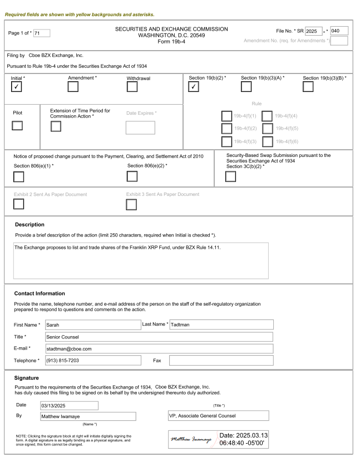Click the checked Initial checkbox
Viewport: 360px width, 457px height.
[x=18, y=87]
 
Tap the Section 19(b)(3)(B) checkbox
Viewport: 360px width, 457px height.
[x=309, y=87]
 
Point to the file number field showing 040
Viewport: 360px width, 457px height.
[x=339, y=31]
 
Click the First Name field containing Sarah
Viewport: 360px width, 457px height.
[x=92, y=325]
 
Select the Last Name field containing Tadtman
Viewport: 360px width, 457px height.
[x=221, y=325]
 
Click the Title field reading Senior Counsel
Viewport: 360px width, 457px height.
[x=158, y=337]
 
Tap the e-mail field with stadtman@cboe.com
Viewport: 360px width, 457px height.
[x=158, y=349]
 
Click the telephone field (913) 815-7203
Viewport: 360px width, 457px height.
[x=92, y=361]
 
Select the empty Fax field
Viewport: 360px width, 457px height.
[x=221, y=361]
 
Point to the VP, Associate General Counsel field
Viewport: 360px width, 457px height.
[x=218, y=416]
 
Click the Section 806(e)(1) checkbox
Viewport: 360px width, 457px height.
[x=18, y=177]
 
